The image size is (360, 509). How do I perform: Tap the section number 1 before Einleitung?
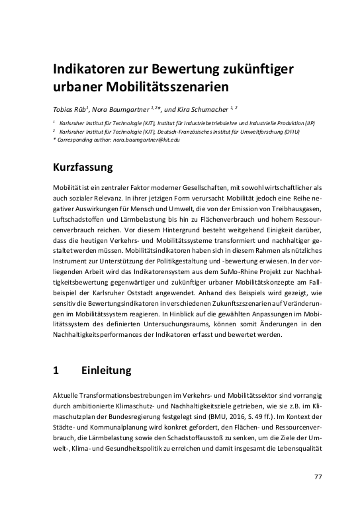[56, 370]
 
